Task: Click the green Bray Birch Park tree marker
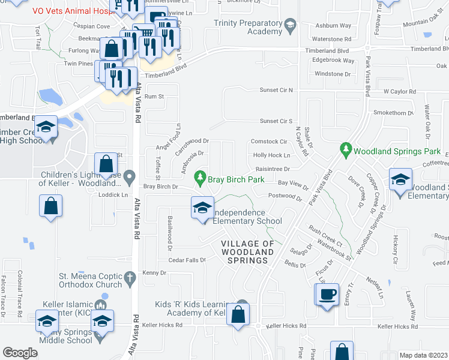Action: coord(200,178)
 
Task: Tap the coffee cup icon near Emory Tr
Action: coord(327,295)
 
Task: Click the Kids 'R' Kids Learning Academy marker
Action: coord(242,305)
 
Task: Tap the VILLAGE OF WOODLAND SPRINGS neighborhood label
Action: coord(247,252)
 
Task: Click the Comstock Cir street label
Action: coord(268,142)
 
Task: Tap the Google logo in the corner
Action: coord(20,352)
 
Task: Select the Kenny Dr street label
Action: coord(155,273)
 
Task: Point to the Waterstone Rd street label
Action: coord(331,38)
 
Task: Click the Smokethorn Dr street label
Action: coord(391,112)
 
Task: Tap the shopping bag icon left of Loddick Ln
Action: coord(51,206)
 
